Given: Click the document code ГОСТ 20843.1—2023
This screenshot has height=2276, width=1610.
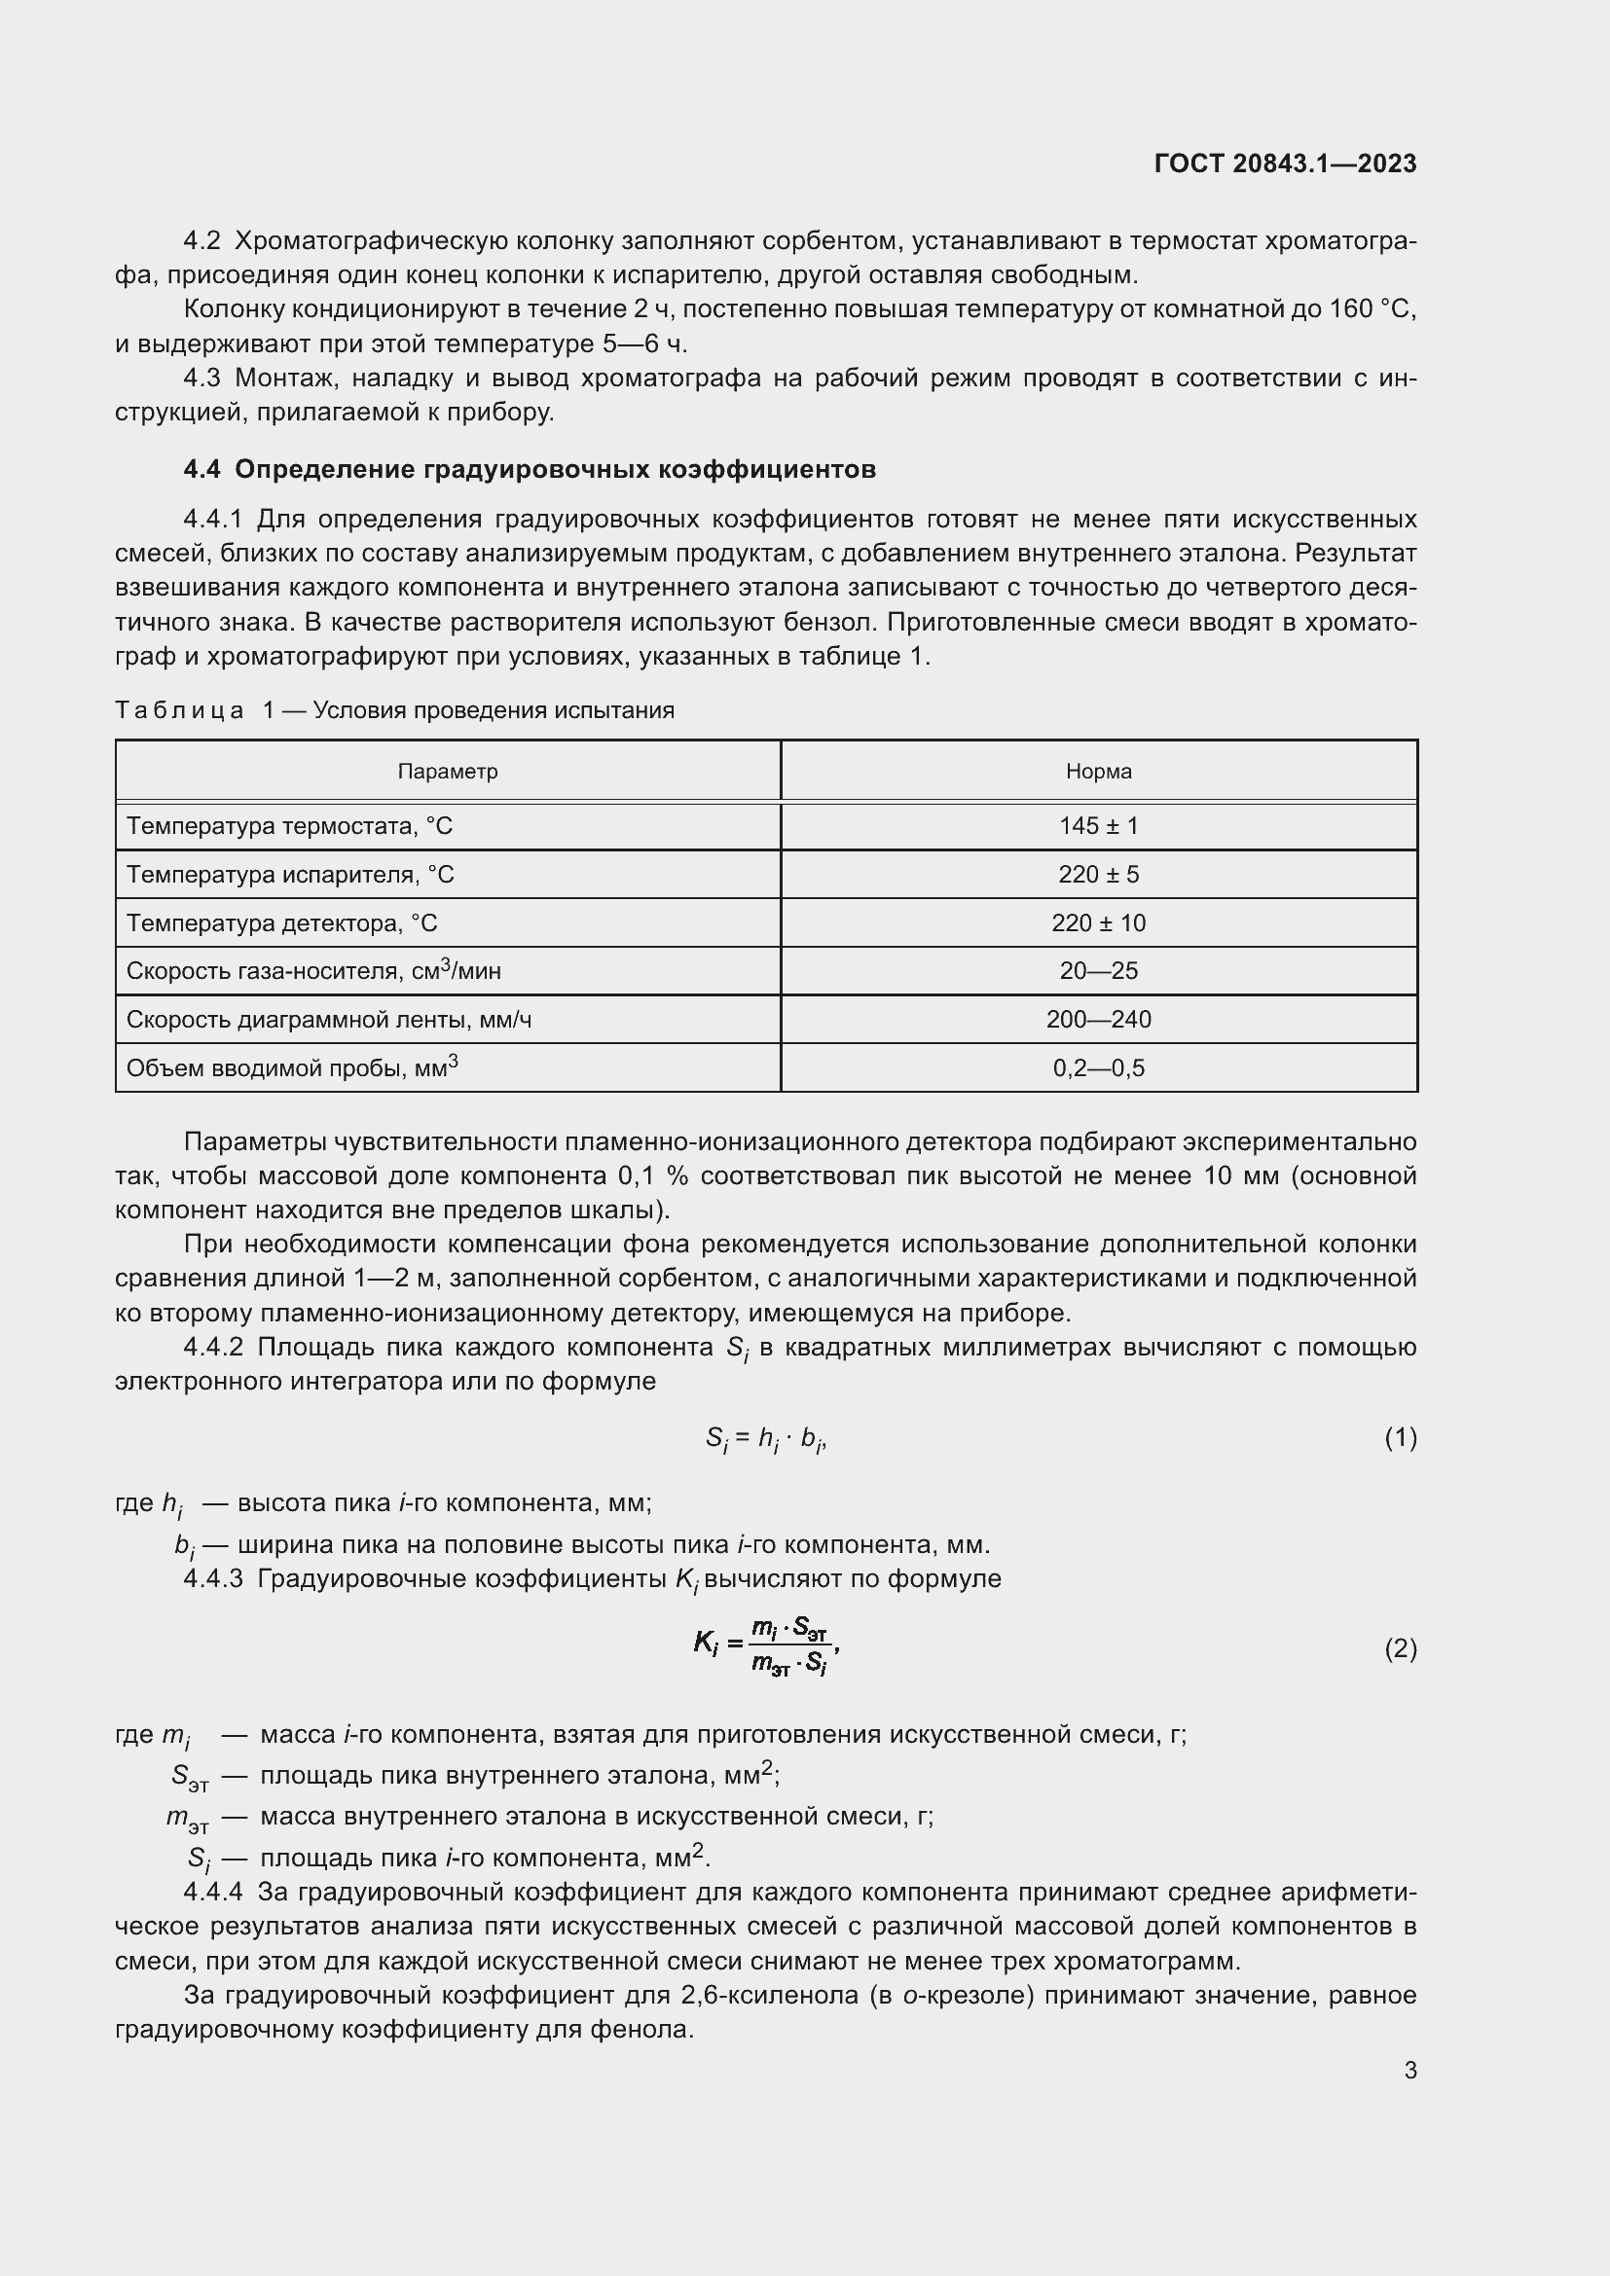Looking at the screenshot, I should point(1285,163).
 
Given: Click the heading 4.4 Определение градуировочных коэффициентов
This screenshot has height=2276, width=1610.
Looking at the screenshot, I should point(530,469).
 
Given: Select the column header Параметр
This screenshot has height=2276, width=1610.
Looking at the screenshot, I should point(447,772).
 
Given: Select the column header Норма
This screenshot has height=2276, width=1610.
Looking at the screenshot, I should point(1098,772).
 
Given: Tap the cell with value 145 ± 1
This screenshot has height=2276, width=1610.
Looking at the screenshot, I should point(1098,826).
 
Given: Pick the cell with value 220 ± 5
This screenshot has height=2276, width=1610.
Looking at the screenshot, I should point(1098,875).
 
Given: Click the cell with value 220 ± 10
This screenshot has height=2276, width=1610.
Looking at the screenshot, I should point(1098,922).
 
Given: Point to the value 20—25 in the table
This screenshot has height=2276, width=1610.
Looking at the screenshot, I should point(1098,970).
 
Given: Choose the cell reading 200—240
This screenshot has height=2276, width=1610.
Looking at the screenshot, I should point(1098,1019).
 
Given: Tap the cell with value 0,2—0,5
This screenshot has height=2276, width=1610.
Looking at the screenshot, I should point(1098,1067).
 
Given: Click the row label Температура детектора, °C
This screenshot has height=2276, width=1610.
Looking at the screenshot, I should point(281,922).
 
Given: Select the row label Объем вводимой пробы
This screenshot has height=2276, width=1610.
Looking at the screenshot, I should point(291,1067).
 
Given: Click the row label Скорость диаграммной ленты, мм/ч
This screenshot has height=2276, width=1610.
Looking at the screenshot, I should point(328,1019).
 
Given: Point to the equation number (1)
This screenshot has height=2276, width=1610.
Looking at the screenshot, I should point(1400,1437).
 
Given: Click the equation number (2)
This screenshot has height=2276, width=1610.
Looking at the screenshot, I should point(1400,1648).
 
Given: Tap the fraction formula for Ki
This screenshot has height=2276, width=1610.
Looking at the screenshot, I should point(768,1645).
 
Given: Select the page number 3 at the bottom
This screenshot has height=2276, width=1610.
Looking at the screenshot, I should point(1409,2070).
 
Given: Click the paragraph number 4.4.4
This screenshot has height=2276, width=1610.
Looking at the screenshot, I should point(212,1893).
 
